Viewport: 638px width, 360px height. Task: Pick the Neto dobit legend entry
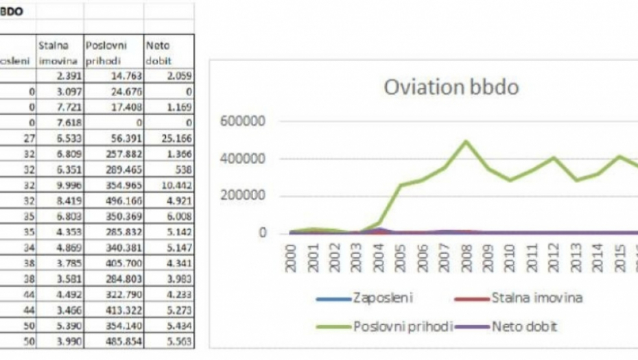coord(521,327)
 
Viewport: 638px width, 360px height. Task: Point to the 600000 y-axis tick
coord(239,122)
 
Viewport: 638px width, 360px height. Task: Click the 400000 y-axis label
coord(239,159)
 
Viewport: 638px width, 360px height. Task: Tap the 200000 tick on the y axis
coord(239,196)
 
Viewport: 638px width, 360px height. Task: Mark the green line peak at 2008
coord(466,141)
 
